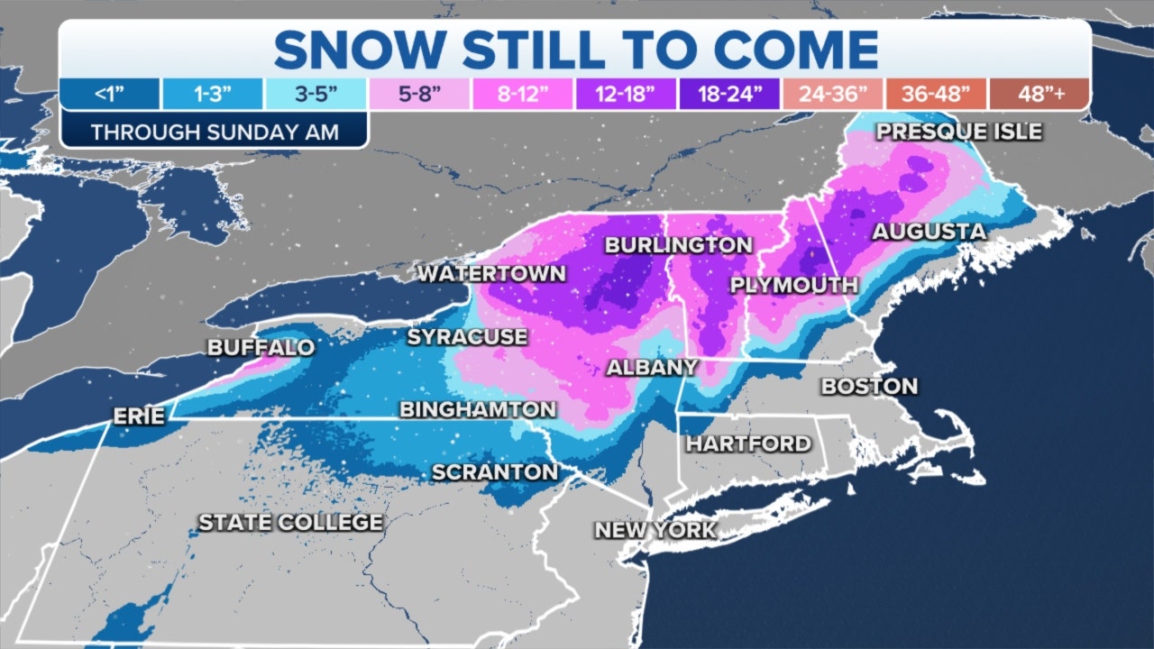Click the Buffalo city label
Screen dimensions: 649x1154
click(x=261, y=348)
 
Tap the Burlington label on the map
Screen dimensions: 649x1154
click(x=678, y=245)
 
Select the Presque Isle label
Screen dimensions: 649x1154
click(x=959, y=132)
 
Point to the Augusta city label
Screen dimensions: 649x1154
click(x=929, y=233)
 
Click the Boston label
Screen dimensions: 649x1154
click(x=869, y=387)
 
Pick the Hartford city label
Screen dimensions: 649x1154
click(x=748, y=443)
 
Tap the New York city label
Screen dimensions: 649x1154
click(x=655, y=529)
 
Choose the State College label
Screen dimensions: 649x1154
click(x=290, y=523)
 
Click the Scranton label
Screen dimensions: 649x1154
click(x=495, y=471)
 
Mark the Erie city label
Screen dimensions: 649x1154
click(x=139, y=416)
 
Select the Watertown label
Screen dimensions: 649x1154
click(x=491, y=274)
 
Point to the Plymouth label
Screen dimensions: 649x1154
click(x=793, y=286)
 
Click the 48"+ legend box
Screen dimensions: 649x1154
click(x=1039, y=94)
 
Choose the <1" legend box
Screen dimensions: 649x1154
click(x=110, y=94)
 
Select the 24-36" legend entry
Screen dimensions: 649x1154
click(x=832, y=94)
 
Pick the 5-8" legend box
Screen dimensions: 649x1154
click(x=418, y=94)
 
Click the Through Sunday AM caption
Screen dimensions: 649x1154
click(x=215, y=132)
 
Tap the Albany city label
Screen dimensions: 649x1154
click(x=652, y=367)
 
